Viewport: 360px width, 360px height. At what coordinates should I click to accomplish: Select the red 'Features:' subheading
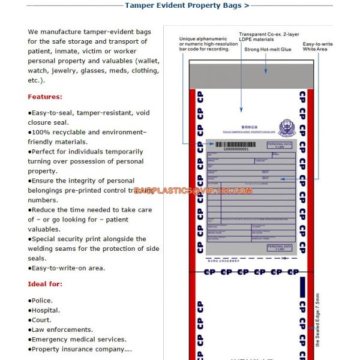coord(45,97)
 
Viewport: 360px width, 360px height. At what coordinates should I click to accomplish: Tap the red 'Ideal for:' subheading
coord(45,284)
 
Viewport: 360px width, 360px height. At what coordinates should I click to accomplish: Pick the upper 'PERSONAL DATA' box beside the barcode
coord(279,146)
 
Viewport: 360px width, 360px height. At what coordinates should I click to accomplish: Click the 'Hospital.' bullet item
coord(45,310)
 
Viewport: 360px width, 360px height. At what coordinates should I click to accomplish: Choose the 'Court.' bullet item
coord(41,320)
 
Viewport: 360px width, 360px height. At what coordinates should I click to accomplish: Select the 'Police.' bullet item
coord(41,301)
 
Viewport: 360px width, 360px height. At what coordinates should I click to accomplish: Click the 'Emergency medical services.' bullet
coord(77,339)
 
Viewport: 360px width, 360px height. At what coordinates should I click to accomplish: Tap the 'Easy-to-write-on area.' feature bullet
coord(67,268)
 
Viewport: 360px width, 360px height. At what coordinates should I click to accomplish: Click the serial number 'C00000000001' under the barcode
coord(235,149)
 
